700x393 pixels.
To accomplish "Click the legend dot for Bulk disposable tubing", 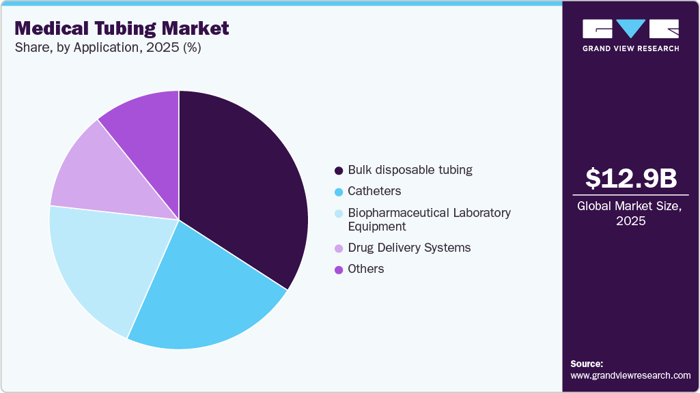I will pos(339,171).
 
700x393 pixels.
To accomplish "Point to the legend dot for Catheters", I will pos(339,192).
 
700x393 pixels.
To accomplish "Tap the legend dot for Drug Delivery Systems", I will pos(339,248).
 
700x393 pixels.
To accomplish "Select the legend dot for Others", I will pos(339,270).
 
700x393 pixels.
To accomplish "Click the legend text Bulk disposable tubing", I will pos(410,170).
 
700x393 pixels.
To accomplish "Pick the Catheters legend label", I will pos(374,191).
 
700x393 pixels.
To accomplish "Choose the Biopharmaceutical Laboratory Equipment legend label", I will pos(429,220).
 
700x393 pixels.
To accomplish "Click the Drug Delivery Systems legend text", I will pos(409,248).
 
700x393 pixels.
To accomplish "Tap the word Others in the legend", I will pos(366,269).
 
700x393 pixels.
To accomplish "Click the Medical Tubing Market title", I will pos(122,28).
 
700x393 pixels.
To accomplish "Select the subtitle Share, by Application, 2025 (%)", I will pos(107,48).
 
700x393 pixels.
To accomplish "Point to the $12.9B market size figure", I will pos(631,178).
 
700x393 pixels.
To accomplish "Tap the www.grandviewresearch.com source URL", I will pos(630,375).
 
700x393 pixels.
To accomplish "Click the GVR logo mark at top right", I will pos(630,29).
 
